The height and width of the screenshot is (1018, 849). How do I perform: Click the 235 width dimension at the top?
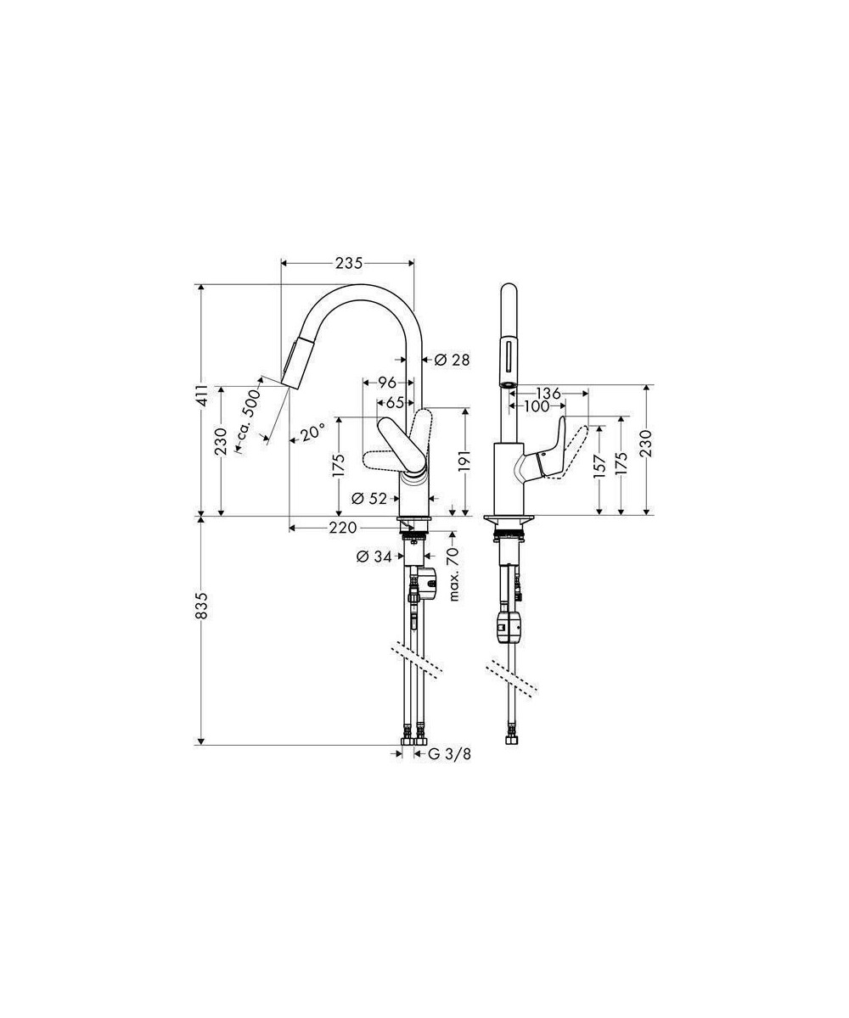tap(349, 263)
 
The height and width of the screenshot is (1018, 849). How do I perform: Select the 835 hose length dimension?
tap(202, 606)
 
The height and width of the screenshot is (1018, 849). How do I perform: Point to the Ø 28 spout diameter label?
tap(452, 360)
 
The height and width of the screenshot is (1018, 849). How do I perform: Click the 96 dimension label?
tap(387, 383)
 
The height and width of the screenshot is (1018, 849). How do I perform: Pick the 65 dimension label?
tap(395, 403)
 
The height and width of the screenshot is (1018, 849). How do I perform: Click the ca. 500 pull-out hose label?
tap(249, 422)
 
